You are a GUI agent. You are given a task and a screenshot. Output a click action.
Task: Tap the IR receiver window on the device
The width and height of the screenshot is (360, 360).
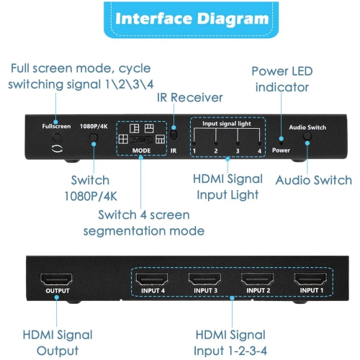[x=173, y=135]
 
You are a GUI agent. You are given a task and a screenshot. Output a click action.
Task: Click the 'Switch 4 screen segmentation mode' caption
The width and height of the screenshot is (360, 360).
[x=144, y=223]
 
